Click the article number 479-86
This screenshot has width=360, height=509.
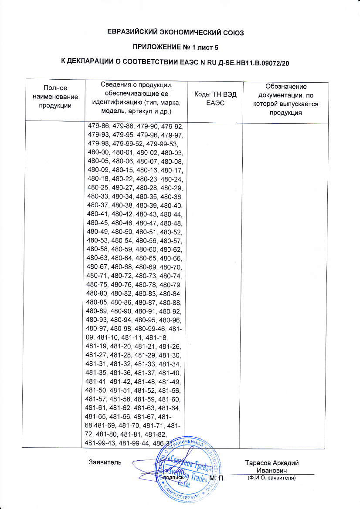[x=98, y=127]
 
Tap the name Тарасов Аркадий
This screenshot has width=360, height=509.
[x=272, y=463]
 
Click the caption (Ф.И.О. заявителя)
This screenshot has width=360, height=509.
[x=271, y=478]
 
